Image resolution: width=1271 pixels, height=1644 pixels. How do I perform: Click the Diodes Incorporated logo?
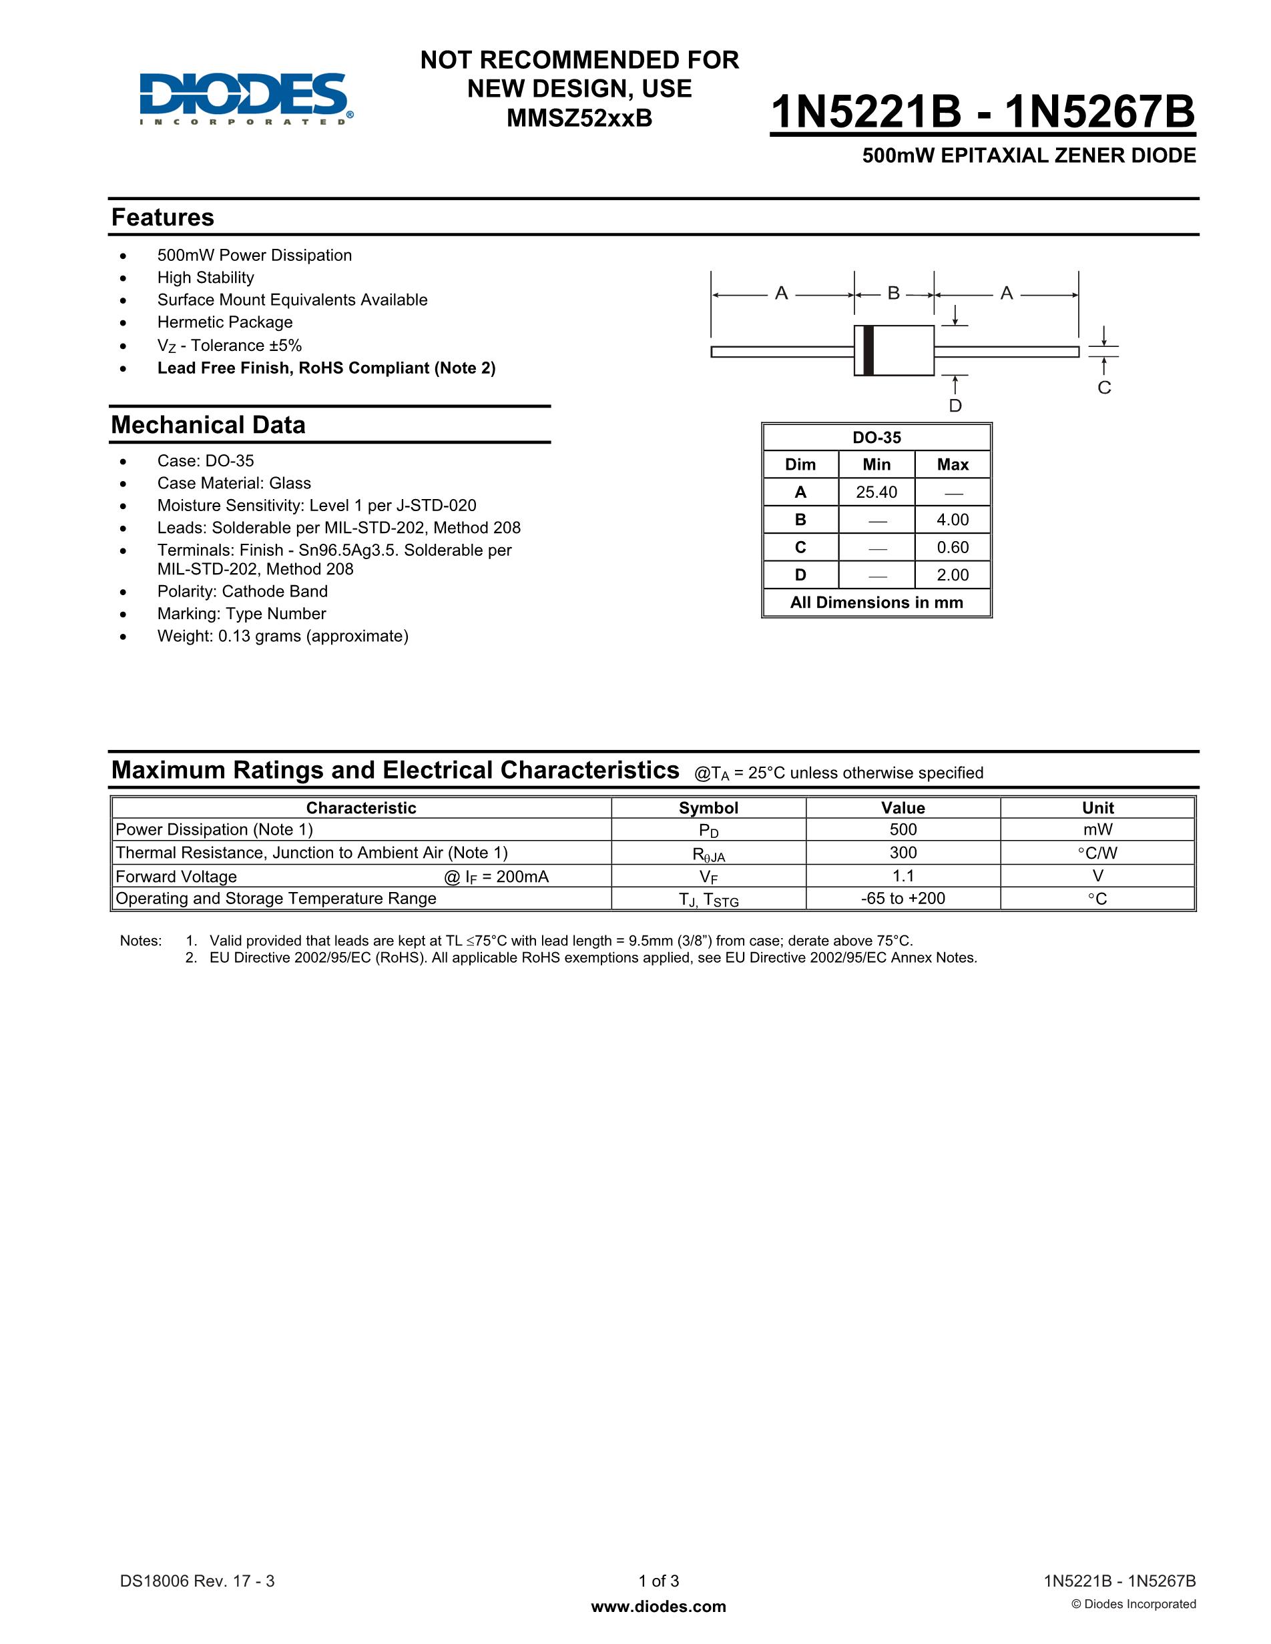click(x=246, y=99)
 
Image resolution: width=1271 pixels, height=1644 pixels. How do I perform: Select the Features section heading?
click(x=163, y=218)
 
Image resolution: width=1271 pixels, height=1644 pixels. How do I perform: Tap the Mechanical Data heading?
click(x=208, y=424)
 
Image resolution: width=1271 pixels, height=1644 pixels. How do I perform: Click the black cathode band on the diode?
click(x=868, y=350)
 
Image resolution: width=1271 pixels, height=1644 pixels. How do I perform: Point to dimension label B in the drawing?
click(x=894, y=293)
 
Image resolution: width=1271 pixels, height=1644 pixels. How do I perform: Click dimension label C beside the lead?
click(x=1104, y=388)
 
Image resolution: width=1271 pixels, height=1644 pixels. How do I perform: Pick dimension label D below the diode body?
click(x=955, y=406)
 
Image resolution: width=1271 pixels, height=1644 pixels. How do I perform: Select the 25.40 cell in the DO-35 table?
click(x=876, y=492)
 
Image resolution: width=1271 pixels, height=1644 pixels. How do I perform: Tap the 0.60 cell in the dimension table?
click(x=953, y=547)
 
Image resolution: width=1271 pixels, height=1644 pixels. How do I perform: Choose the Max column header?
click(x=953, y=464)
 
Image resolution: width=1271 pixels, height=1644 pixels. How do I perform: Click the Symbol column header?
click(x=708, y=808)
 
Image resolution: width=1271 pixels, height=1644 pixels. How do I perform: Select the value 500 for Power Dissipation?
click(x=903, y=829)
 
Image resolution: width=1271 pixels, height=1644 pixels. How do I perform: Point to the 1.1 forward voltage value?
click(x=903, y=875)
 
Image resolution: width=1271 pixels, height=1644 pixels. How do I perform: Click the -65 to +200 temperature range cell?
click(x=903, y=898)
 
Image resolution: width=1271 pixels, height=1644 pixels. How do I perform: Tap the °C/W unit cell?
click(x=1097, y=853)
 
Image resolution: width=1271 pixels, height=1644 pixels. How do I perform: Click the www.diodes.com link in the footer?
click(x=659, y=1607)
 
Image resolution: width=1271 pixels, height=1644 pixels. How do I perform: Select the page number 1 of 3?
click(x=659, y=1581)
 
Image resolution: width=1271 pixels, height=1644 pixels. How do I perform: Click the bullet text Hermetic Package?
click(x=224, y=322)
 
